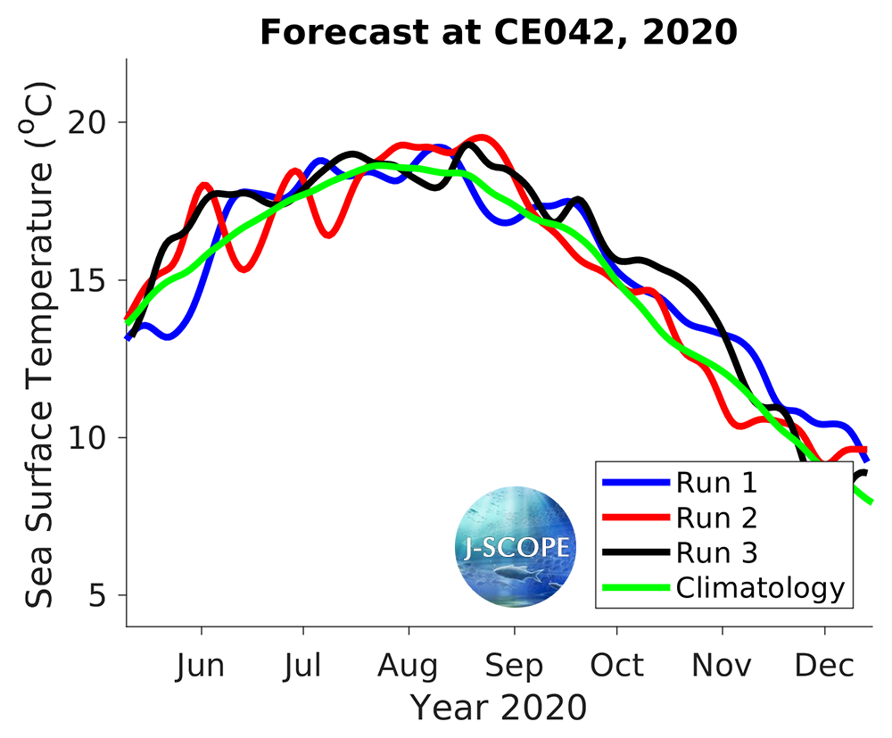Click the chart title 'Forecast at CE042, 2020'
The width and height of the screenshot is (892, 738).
pos(499,33)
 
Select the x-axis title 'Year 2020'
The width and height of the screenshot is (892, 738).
pos(499,707)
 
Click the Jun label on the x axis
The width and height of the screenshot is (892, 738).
pos(202,666)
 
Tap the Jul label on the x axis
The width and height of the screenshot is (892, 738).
pos(304,666)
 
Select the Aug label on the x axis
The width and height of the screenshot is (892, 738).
pos(409,666)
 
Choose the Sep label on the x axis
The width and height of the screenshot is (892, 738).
pos(514,666)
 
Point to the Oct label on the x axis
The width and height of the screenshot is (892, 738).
pos(616,666)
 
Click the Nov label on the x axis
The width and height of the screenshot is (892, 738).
pos(722,666)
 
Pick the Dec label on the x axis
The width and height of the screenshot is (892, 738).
pos(824,666)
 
